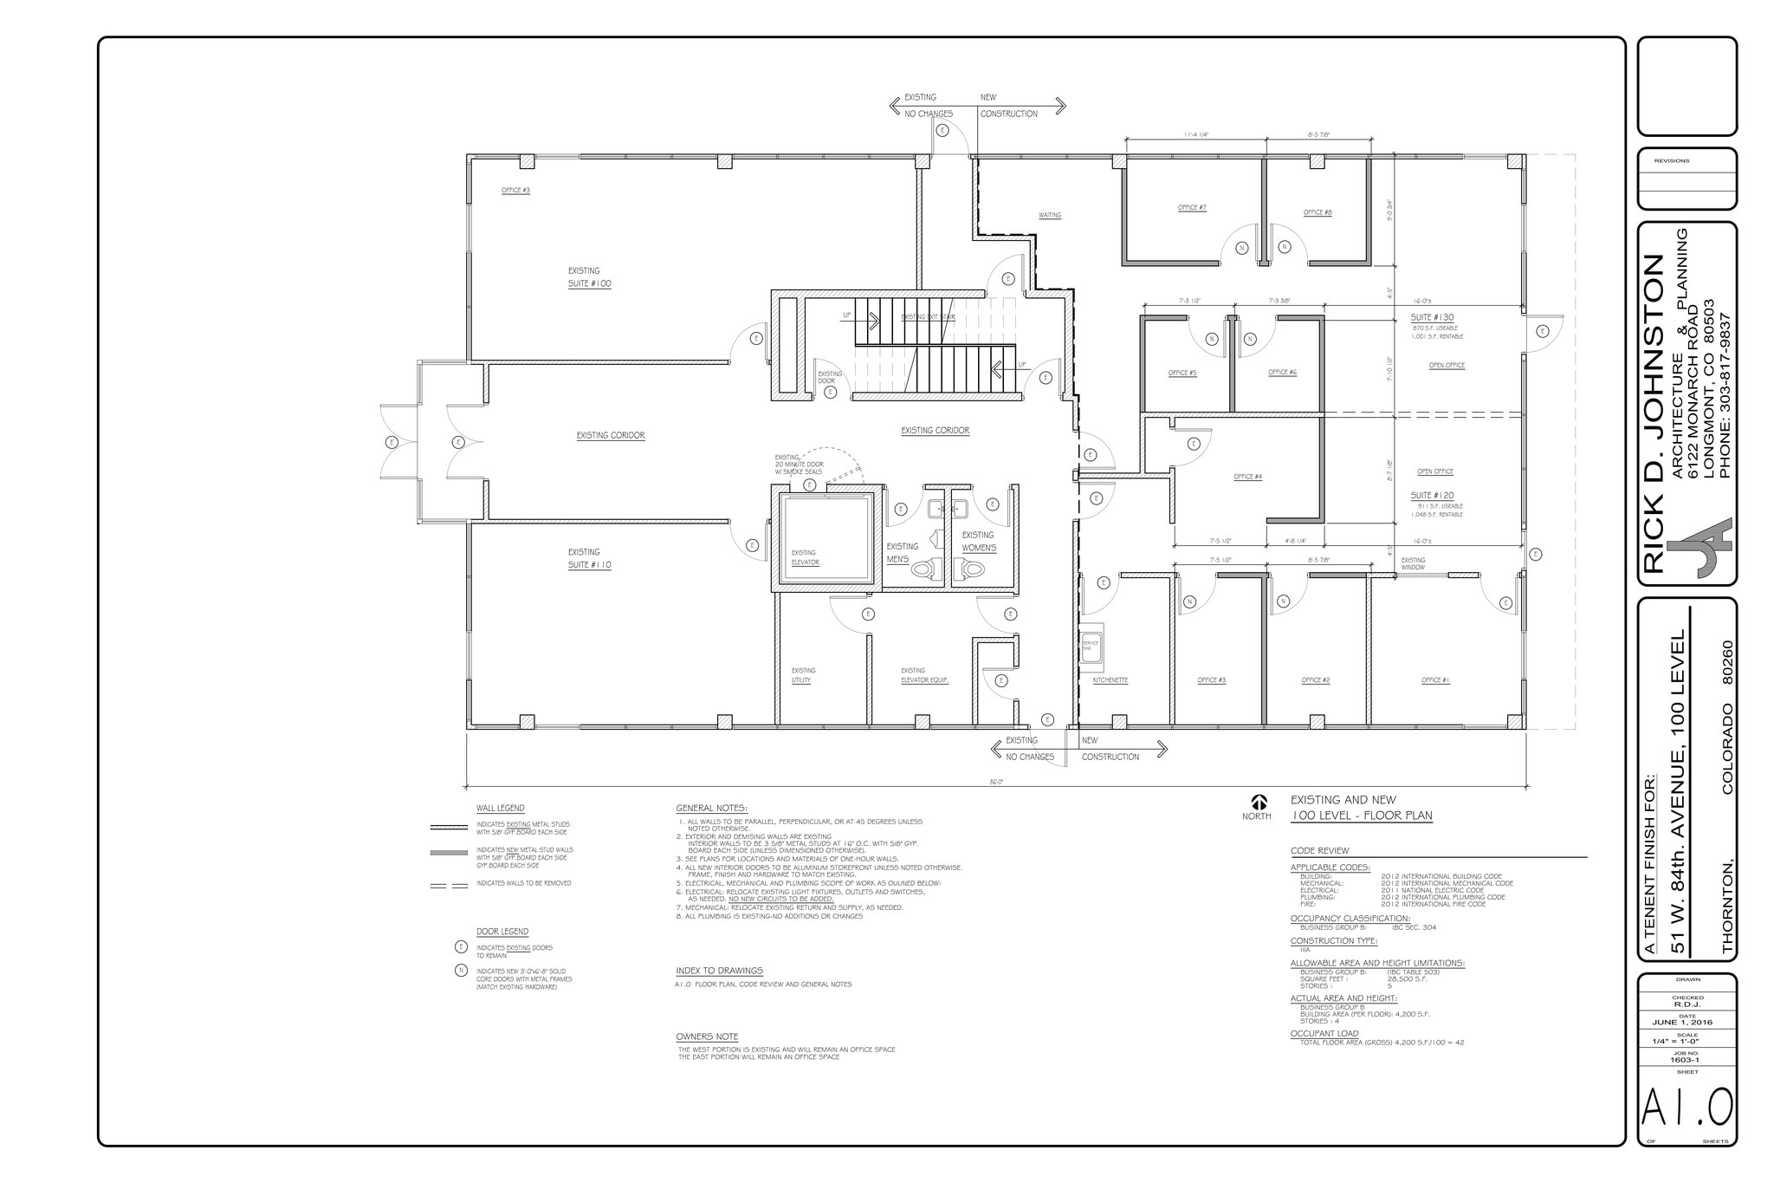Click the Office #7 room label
click(1192, 208)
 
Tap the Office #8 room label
click(1317, 212)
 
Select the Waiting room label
click(1049, 216)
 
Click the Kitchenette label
click(1110, 680)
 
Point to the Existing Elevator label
click(804, 558)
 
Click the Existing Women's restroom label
click(979, 542)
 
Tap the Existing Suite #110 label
click(589, 558)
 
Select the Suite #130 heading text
click(1432, 318)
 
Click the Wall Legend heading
click(500, 809)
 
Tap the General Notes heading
click(711, 809)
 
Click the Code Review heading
click(1319, 851)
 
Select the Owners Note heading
click(707, 1037)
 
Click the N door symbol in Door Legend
click(461, 971)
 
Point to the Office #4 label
click(1247, 477)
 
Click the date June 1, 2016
click(1687, 1023)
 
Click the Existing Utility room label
click(802, 676)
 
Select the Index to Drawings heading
click(719, 971)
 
